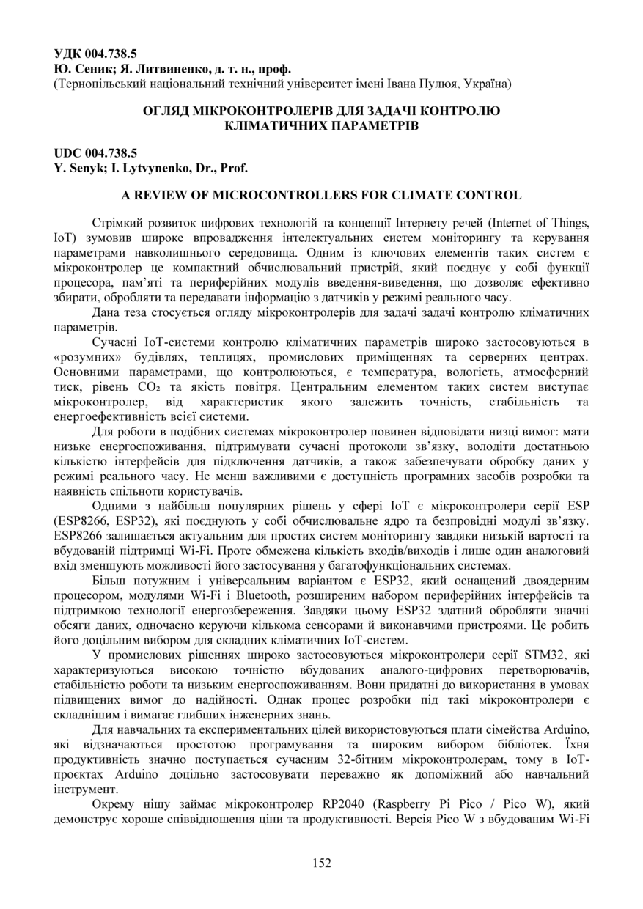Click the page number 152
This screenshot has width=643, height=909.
point(321,863)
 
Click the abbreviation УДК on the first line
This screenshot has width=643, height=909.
point(68,54)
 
